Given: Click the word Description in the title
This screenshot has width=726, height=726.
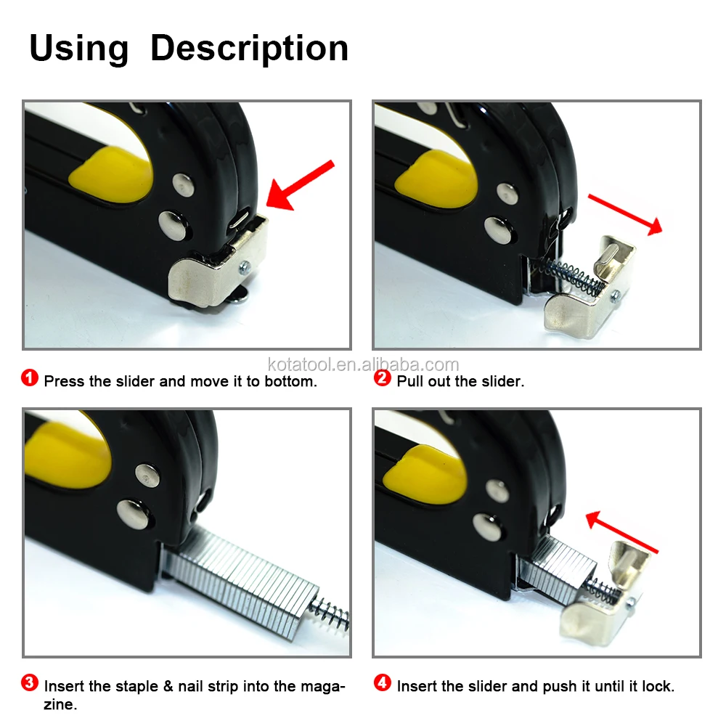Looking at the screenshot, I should coord(249,49).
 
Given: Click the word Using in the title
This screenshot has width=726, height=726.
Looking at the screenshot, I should coord(78,49).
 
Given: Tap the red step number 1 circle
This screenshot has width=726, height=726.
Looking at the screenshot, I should coord(30,378).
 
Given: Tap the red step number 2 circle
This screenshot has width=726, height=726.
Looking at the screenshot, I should coord(382,378).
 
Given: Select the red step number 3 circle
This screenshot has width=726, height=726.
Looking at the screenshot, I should coord(30,682).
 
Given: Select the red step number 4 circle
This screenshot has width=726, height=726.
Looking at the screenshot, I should coord(383,682).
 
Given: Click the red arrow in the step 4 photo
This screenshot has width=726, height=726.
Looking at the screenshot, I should coord(622,532).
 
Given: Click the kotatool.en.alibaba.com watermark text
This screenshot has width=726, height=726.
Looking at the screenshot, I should coord(363,364).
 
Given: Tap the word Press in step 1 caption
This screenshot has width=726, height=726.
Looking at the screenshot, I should coord(65,381).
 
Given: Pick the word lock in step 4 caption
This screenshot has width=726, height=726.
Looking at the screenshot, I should coord(658,686).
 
